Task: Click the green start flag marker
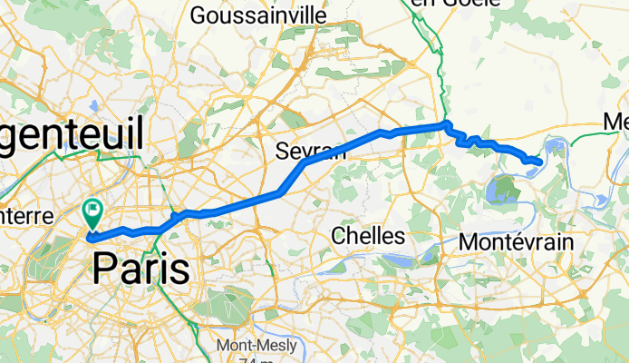(x=93, y=212)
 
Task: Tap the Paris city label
(x=141, y=270)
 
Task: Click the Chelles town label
(x=367, y=236)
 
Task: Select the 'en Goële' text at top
(x=449, y=4)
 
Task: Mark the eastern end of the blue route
(x=540, y=162)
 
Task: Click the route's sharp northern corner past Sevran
(x=447, y=124)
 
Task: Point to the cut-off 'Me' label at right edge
(x=616, y=122)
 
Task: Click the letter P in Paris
(x=104, y=270)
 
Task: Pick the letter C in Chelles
(x=338, y=236)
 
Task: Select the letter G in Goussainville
(x=198, y=15)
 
